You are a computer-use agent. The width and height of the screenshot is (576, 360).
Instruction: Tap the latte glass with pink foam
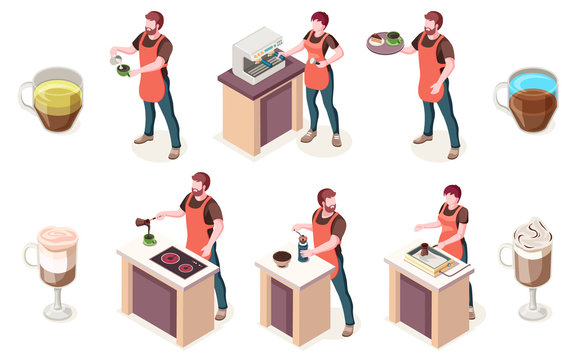pos(56,267)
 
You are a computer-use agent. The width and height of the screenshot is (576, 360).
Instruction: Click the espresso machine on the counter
pos(259,56)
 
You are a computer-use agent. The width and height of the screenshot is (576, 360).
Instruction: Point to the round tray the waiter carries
pos(384,42)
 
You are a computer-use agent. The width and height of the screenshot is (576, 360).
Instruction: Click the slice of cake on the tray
pos(377,39)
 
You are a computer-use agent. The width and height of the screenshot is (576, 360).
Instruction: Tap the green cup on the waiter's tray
pos(393,38)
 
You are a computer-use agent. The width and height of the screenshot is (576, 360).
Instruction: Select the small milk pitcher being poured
pos(116,60)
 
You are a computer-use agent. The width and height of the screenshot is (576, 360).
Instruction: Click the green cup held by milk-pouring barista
pos(124,70)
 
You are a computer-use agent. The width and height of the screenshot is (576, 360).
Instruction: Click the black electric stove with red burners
pos(178,261)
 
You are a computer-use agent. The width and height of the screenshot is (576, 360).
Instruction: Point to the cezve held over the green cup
pos(145,223)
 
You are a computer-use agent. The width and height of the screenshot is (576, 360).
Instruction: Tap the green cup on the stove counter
pos(149,239)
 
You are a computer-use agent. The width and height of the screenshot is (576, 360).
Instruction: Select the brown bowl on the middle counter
pos(283,258)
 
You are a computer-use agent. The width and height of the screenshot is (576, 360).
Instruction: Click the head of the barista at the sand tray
pos(452,195)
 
